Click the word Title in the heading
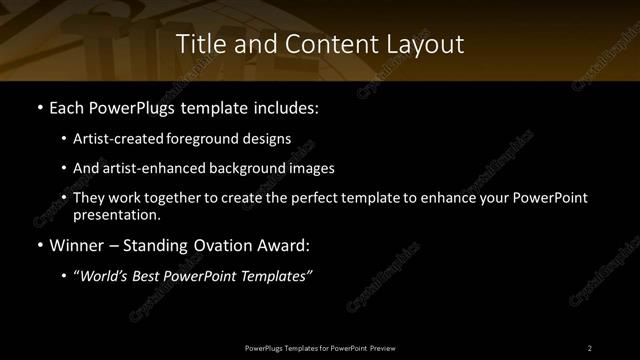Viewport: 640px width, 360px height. pyautogui.click(x=199, y=44)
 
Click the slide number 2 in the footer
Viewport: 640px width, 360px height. pyautogui.click(x=590, y=347)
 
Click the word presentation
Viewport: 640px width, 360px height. pyautogui.click(x=115, y=214)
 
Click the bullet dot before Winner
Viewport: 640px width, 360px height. pyautogui.click(x=39, y=245)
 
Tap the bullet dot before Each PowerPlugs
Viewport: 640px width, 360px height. pyautogui.click(x=39, y=107)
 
